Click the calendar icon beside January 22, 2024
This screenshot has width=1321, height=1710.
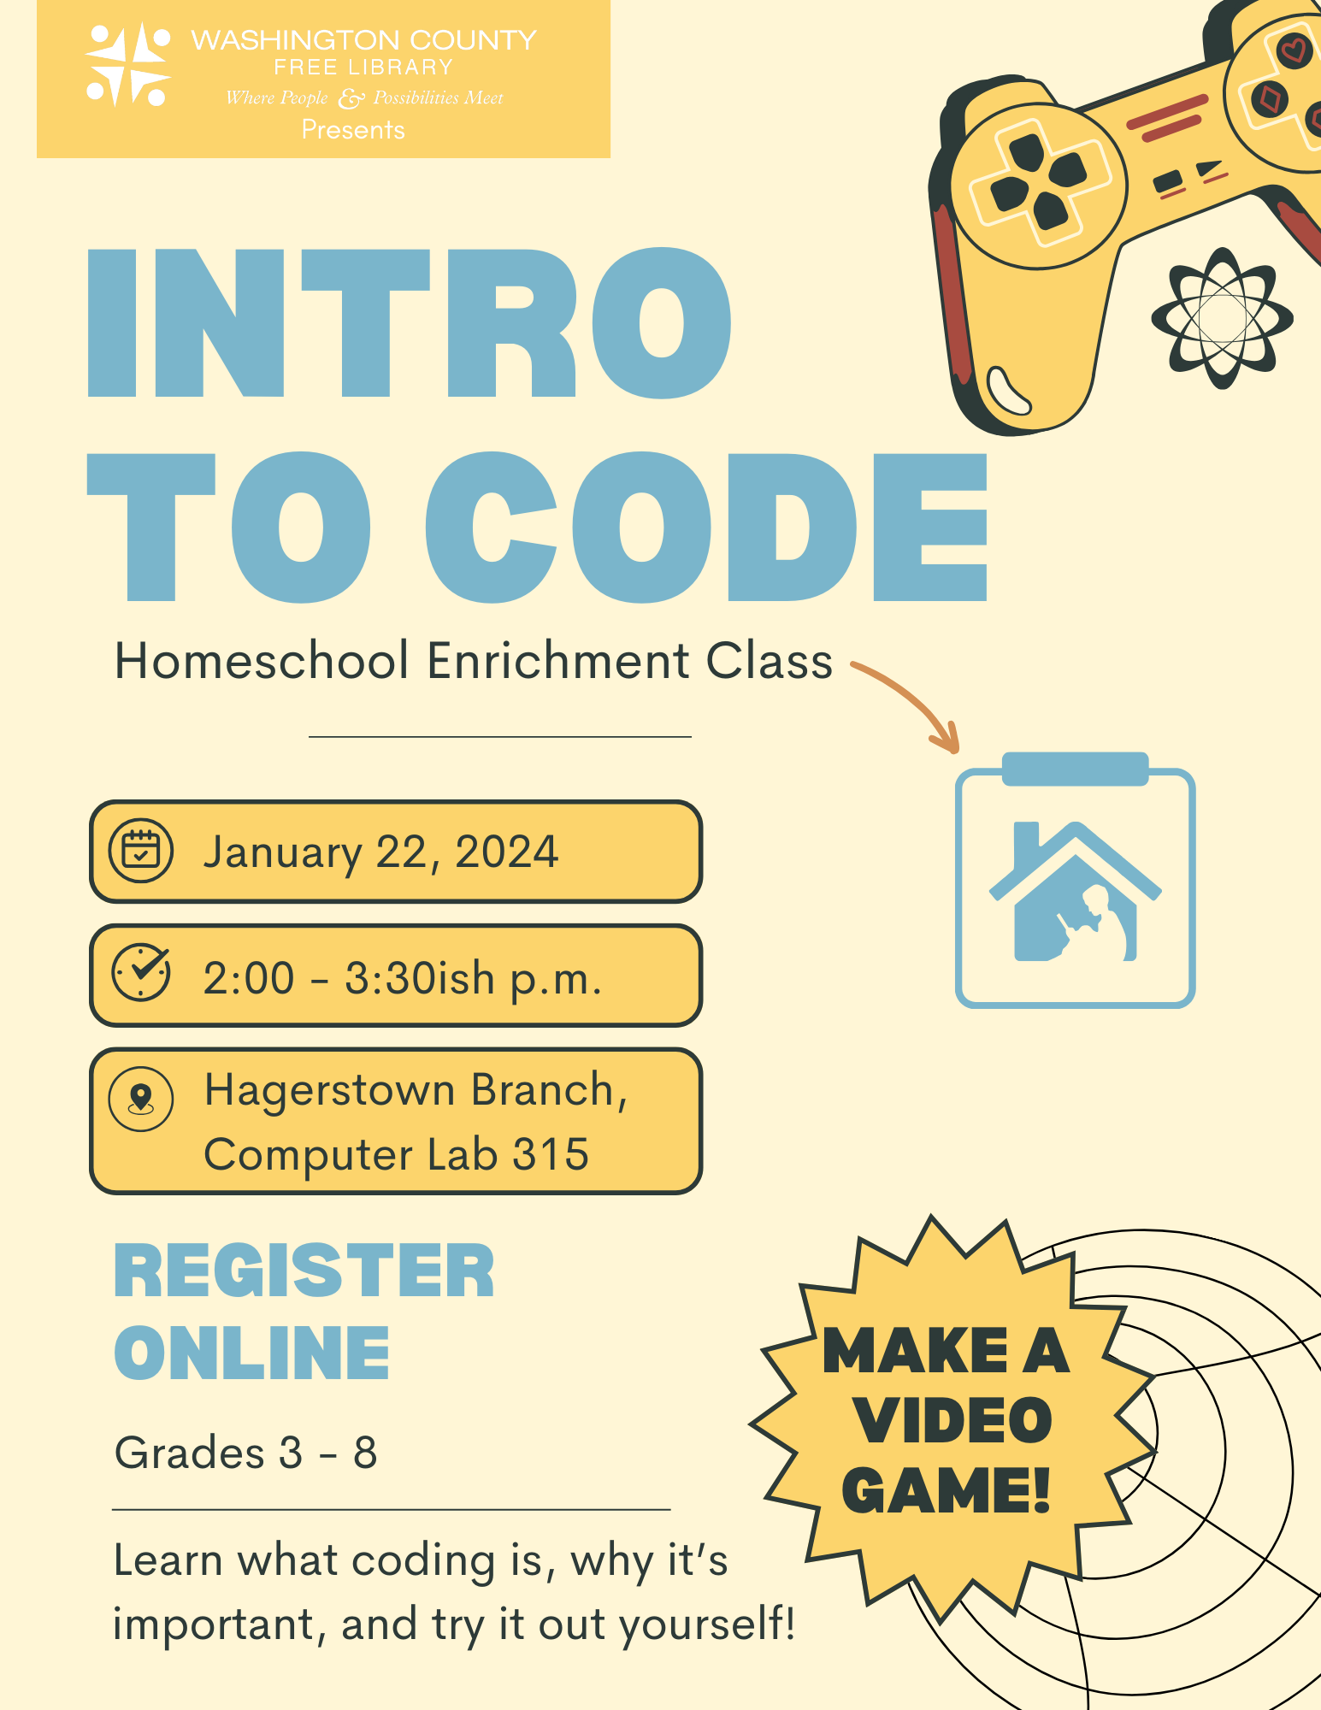(141, 851)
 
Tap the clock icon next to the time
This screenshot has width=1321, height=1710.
(141, 973)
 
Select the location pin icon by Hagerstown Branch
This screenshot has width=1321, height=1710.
(141, 1099)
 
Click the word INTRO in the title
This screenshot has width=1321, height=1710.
(409, 325)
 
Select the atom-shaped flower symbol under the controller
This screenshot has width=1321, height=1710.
(1222, 318)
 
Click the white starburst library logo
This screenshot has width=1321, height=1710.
(128, 65)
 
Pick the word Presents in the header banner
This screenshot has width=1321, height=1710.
(353, 130)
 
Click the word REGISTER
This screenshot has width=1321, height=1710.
(304, 1272)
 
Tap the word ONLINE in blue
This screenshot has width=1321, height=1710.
(252, 1353)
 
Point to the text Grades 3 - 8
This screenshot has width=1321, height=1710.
(246, 1453)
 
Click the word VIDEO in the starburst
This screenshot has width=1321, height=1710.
(953, 1421)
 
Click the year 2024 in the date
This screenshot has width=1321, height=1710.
(506, 852)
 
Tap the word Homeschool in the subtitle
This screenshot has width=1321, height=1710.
(262, 661)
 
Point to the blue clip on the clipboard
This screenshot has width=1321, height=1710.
(1075, 768)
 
